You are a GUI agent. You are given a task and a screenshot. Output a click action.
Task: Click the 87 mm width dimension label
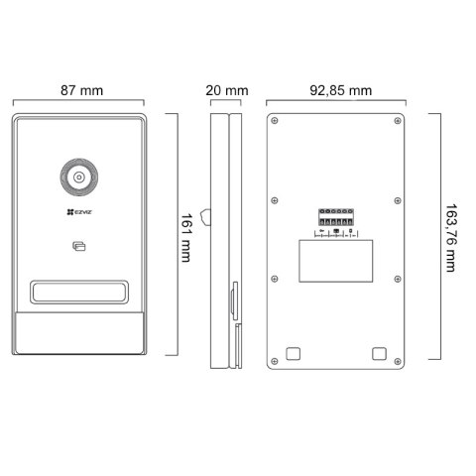pyautogui.click(x=82, y=90)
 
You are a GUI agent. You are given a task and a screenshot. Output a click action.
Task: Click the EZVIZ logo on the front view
pyautogui.click(x=77, y=211)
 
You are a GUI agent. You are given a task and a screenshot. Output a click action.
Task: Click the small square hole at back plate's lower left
pyautogui.click(x=292, y=353)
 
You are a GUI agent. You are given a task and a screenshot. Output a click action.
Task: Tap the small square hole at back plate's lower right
pyautogui.click(x=378, y=353)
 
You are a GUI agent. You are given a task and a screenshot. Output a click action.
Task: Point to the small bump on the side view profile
pyautogui.click(x=205, y=215)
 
